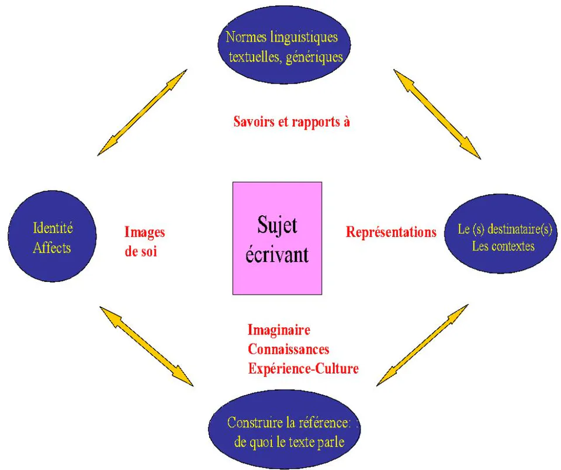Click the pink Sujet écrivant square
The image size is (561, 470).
coord(277,238)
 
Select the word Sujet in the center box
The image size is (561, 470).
coord(277,226)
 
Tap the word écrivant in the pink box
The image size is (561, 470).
coord(277,254)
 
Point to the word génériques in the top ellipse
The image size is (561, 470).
coord(314,57)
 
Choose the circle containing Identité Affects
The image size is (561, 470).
coord(52,236)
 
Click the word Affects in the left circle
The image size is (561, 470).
coord(52,248)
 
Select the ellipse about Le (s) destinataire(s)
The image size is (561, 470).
coord(501,234)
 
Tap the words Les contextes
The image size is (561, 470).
coord(503,246)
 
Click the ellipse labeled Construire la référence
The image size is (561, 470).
coord(284,430)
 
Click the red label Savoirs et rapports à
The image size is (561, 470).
coord(292,122)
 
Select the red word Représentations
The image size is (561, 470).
coord(391,232)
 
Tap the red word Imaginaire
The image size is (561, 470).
coord(279,330)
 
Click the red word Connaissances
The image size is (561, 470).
coord(288,349)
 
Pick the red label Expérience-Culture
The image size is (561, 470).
coord(303,368)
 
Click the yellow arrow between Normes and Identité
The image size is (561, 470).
coord(143,112)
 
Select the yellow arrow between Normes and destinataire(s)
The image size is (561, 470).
coord(437,114)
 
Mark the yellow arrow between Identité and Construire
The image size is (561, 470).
coord(146,346)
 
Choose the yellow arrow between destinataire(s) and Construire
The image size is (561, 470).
coord(422,345)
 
